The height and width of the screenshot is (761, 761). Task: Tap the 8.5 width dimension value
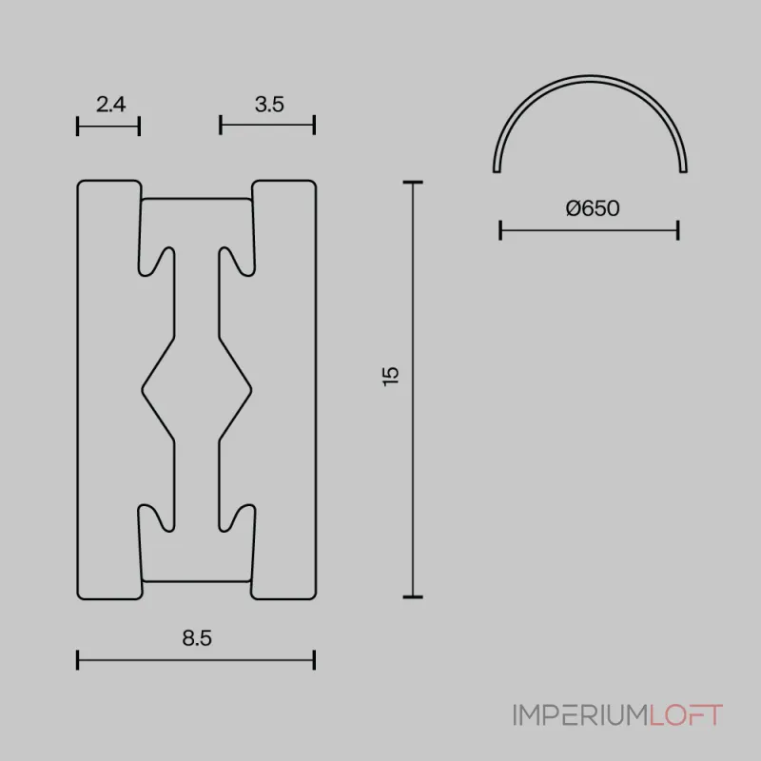pos(196,638)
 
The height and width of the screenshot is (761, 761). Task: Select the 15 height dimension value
pos(391,375)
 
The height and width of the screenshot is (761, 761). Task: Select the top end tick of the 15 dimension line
pos(412,182)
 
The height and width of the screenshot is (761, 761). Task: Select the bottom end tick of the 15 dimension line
pos(412,597)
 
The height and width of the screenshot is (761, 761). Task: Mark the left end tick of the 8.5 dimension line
pos(78,659)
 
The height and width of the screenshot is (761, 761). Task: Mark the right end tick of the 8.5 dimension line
pos(314,659)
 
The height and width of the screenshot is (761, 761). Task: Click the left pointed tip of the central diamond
pos(144,388)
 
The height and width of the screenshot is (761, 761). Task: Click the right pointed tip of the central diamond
pos(251,388)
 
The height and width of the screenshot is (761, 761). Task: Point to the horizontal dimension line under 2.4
pos(108,126)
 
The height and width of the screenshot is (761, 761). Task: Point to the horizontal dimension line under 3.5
pos(267,126)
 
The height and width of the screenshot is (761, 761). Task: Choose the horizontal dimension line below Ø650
pos(589,229)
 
